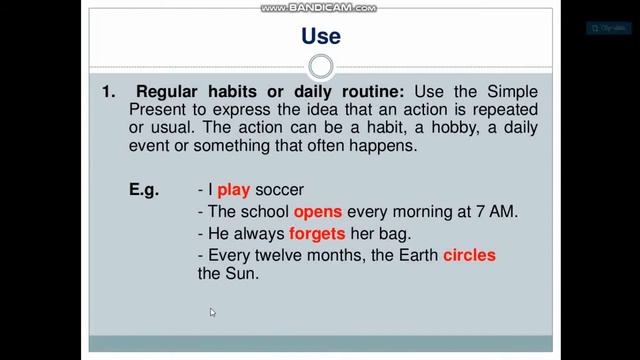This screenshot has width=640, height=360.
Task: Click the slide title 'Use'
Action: [x=320, y=37]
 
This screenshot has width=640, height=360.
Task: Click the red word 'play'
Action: [x=233, y=190]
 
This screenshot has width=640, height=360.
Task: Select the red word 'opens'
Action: [x=318, y=213]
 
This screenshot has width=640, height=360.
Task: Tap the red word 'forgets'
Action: [x=315, y=234]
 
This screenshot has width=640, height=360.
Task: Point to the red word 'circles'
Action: [x=469, y=255]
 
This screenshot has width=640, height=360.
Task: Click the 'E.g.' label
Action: [x=144, y=190]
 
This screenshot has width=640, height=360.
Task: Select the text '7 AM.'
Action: [x=497, y=213]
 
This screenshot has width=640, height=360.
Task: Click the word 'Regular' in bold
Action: [x=166, y=91]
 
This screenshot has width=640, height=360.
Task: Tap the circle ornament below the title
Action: [x=320, y=67]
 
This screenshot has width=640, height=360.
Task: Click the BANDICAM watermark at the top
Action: [x=319, y=8]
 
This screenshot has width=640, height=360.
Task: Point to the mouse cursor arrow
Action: [x=212, y=313]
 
